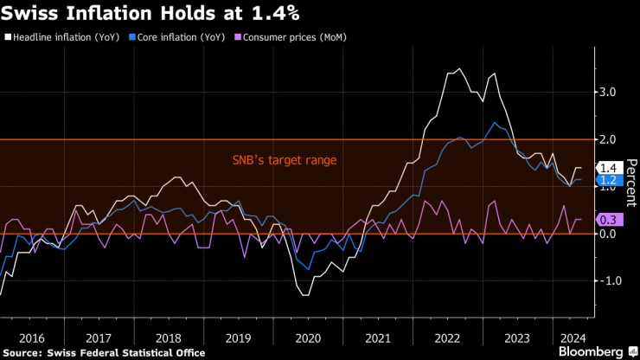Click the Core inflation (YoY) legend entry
[x=177, y=38]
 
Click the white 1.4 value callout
[x=608, y=168]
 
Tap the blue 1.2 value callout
[x=608, y=180]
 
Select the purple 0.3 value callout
[x=608, y=221]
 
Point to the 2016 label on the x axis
[x=31, y=337]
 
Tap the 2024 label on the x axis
[x=570, y=337]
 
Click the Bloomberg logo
[x=591, y=352]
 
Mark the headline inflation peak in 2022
[x=459, y=69]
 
